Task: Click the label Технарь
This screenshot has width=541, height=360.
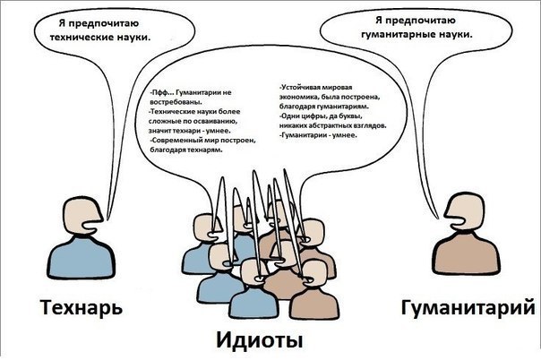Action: tap(82, 309)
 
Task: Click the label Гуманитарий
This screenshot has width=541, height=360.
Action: tap(469, 309)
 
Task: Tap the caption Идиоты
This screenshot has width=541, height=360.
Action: tap(260, 340)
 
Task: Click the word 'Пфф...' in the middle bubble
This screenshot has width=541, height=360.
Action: tap(163, 93)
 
